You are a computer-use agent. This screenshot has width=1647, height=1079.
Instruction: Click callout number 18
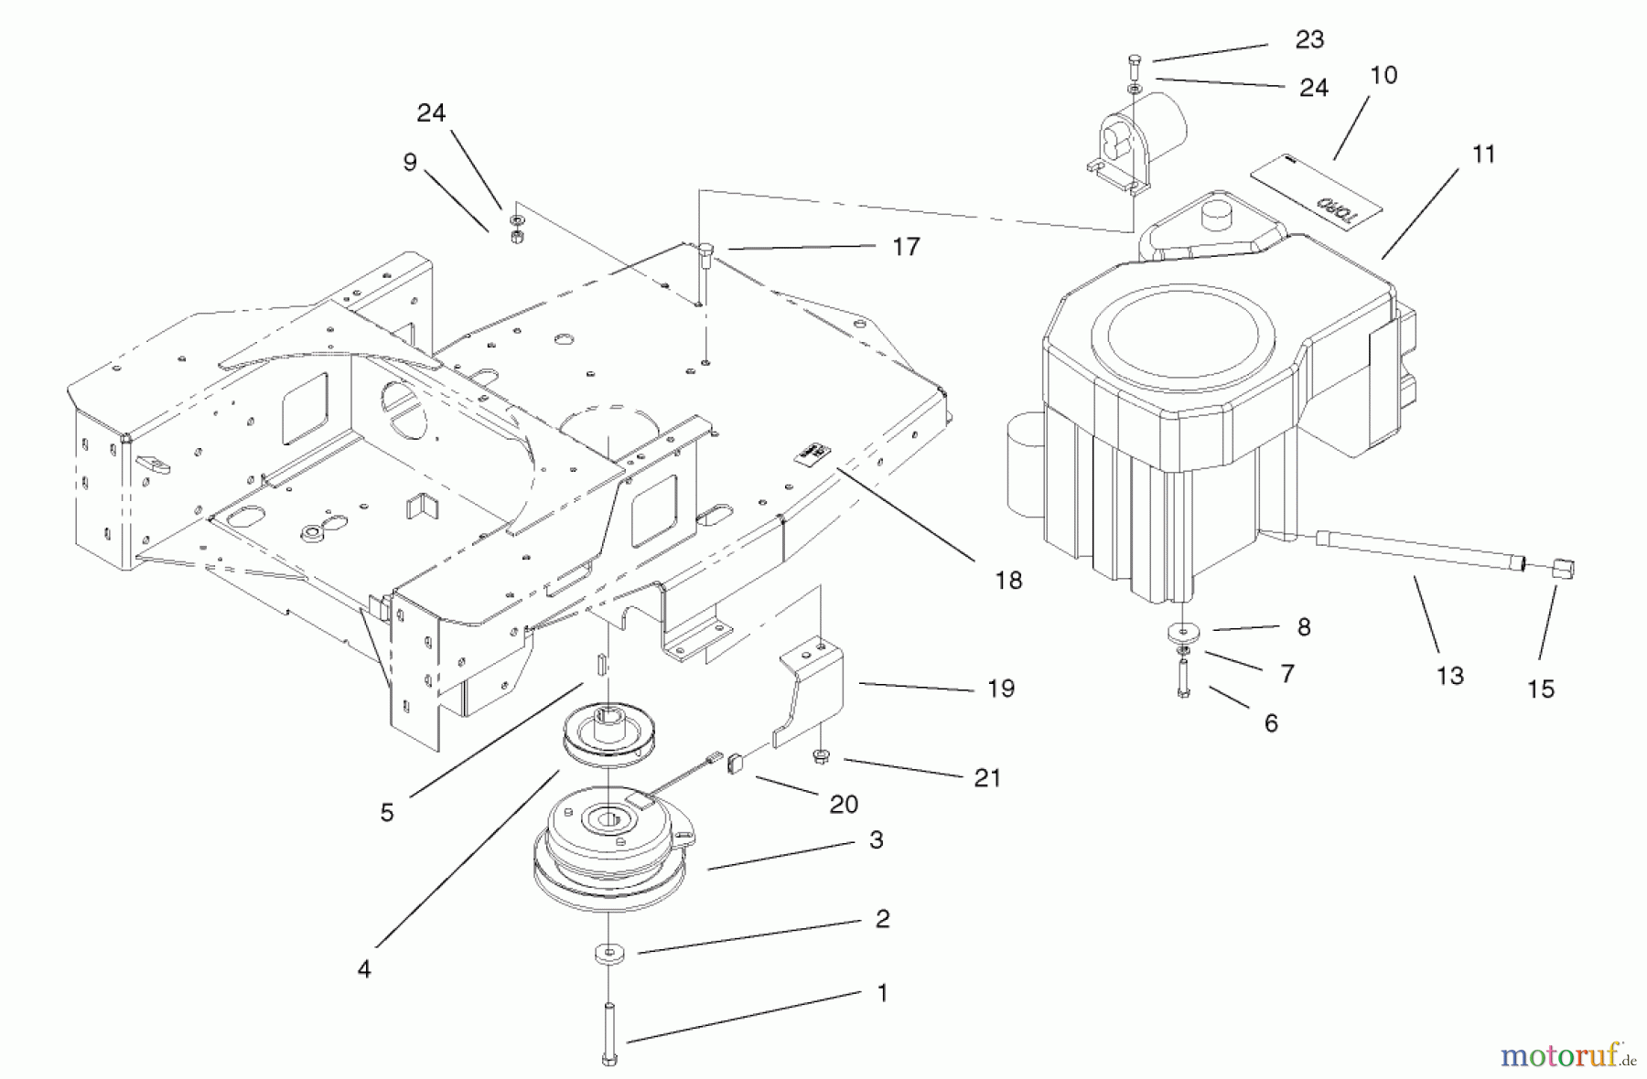click(1008, 580)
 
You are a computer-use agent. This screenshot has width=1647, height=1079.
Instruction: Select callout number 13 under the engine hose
click(1450, 676)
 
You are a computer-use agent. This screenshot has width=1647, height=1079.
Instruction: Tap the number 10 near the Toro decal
click(1383, 75)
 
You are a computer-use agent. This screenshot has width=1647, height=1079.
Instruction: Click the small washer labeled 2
click(608, 955)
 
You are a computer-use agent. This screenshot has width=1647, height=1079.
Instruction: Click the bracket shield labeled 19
click(813, 692)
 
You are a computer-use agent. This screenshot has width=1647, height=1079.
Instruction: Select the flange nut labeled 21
click(821, 756)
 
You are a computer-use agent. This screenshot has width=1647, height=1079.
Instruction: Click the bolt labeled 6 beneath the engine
click(1184, 682)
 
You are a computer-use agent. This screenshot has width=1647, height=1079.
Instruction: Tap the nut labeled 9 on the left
click(515, 236)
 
